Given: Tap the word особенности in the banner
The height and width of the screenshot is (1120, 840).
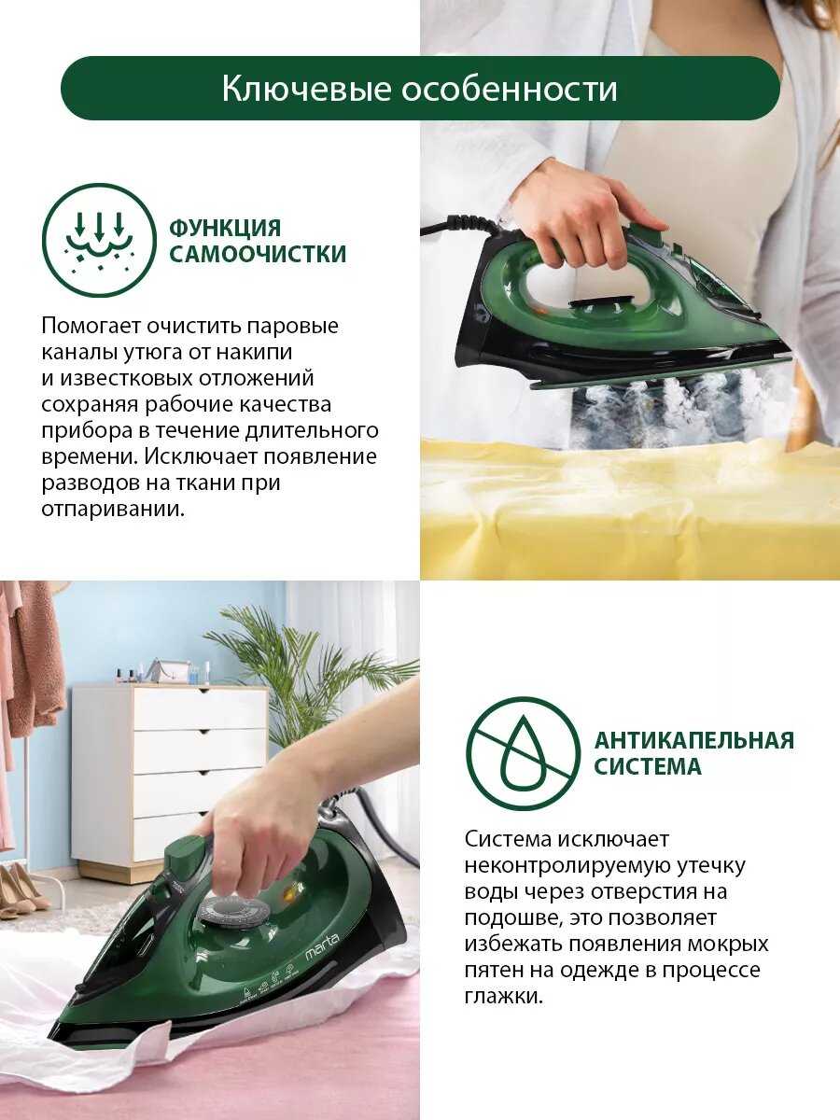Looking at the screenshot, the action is tap(509, 90).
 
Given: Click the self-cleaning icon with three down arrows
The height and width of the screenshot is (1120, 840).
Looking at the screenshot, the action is tap(98, 239).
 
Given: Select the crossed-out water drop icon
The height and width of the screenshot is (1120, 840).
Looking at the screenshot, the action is tap(524, 754).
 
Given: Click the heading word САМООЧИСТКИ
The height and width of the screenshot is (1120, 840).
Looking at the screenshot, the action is tap(258, 254).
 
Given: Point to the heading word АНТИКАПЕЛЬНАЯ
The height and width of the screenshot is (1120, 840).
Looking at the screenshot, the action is tap(694, 740).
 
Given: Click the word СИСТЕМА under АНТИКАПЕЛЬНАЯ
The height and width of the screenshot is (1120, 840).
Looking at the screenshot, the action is tap(648, 766).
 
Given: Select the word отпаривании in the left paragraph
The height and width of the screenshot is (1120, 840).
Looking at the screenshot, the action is tap(112, 511).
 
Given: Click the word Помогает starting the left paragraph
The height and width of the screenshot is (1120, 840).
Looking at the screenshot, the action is tap(91, 327).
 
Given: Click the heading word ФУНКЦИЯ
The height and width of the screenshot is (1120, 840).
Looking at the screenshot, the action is tap(225, 228).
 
